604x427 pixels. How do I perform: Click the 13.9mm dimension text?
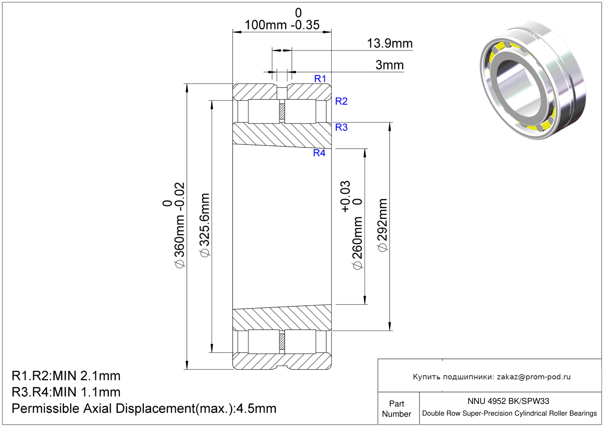coord(390,43)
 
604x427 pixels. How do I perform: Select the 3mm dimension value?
coord(389,65)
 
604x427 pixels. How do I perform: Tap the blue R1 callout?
coord(320,79)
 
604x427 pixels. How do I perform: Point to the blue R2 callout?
coord(341,101)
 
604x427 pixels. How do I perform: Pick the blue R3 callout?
coord(341,127)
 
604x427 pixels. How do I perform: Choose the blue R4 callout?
coord(319,153)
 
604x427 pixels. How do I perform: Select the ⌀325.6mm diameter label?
coord(205,225)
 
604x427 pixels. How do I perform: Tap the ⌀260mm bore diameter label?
coord(357,243)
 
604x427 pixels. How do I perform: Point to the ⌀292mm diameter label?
coord(382,225)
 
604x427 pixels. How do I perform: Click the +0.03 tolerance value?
coord(345,196)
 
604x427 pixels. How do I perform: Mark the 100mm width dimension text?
coord(265,25)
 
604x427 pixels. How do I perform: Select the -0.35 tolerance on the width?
coord(305,25)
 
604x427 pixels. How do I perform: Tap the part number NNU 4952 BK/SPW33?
coord(508,401)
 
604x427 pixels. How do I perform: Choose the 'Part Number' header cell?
coord(396,408)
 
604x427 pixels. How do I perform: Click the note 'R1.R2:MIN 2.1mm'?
coord(66,376)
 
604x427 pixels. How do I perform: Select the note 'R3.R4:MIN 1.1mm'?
coord(66,392)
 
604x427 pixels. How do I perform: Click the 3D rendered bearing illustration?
coord(533,82)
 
